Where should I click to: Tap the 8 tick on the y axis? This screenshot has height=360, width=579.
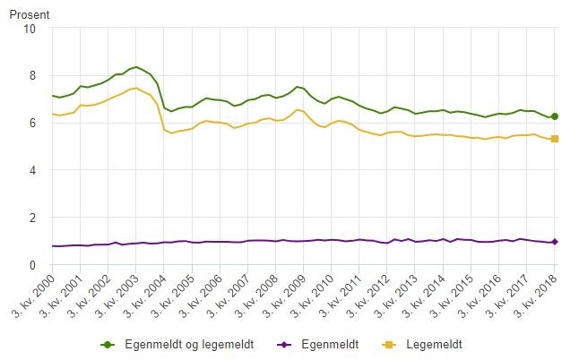[32, 75]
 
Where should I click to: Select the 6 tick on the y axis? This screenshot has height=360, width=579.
[32, 123]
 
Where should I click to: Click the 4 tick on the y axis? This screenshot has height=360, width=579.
[32, 170]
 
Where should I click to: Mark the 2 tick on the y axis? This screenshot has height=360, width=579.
[32, 218]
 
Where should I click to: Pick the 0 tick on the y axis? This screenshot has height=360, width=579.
[32, 265]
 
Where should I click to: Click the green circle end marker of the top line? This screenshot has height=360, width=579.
[555, 116]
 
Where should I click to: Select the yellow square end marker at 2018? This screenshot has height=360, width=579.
[555, 139]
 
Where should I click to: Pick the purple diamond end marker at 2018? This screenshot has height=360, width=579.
[555, 242]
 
